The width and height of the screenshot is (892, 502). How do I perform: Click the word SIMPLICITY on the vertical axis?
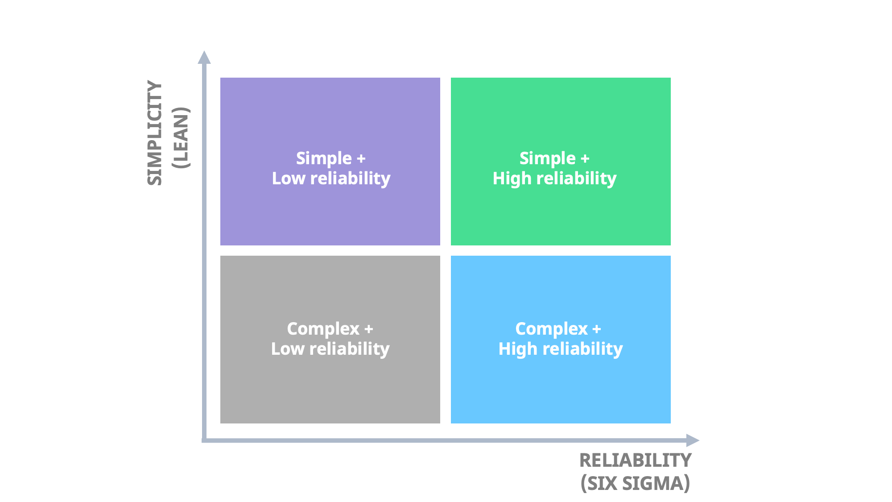click(154, 133)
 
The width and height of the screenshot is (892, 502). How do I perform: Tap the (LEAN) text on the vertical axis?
click(181, 138)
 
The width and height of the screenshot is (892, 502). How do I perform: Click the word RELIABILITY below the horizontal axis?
click(635, 461)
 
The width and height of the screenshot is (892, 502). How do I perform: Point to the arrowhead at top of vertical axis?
click(204, 58)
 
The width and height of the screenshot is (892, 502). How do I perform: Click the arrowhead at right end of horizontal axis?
click(692, 440)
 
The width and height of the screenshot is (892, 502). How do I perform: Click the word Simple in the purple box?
click(324, 158)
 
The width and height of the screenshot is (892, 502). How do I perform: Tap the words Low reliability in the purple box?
click(331, 178)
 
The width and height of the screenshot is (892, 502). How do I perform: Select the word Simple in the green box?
click(547, 158)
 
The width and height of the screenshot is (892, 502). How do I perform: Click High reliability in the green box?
click(554, 178)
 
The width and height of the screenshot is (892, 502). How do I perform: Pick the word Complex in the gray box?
click(323, 329)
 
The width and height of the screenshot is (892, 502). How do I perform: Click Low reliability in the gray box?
click(330, 349)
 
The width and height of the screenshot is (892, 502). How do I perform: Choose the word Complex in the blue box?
click(551, 329)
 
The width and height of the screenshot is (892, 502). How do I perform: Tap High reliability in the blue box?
click(560, 349)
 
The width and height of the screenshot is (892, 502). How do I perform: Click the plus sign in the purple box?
click(361, 159)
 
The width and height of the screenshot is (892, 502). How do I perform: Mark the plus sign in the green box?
click(585, 159)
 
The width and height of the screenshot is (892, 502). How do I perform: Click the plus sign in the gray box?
click(368, 329)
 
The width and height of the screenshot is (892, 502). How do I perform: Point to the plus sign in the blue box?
click(597, 329)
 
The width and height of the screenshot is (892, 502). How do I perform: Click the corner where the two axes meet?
click(204, 440)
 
